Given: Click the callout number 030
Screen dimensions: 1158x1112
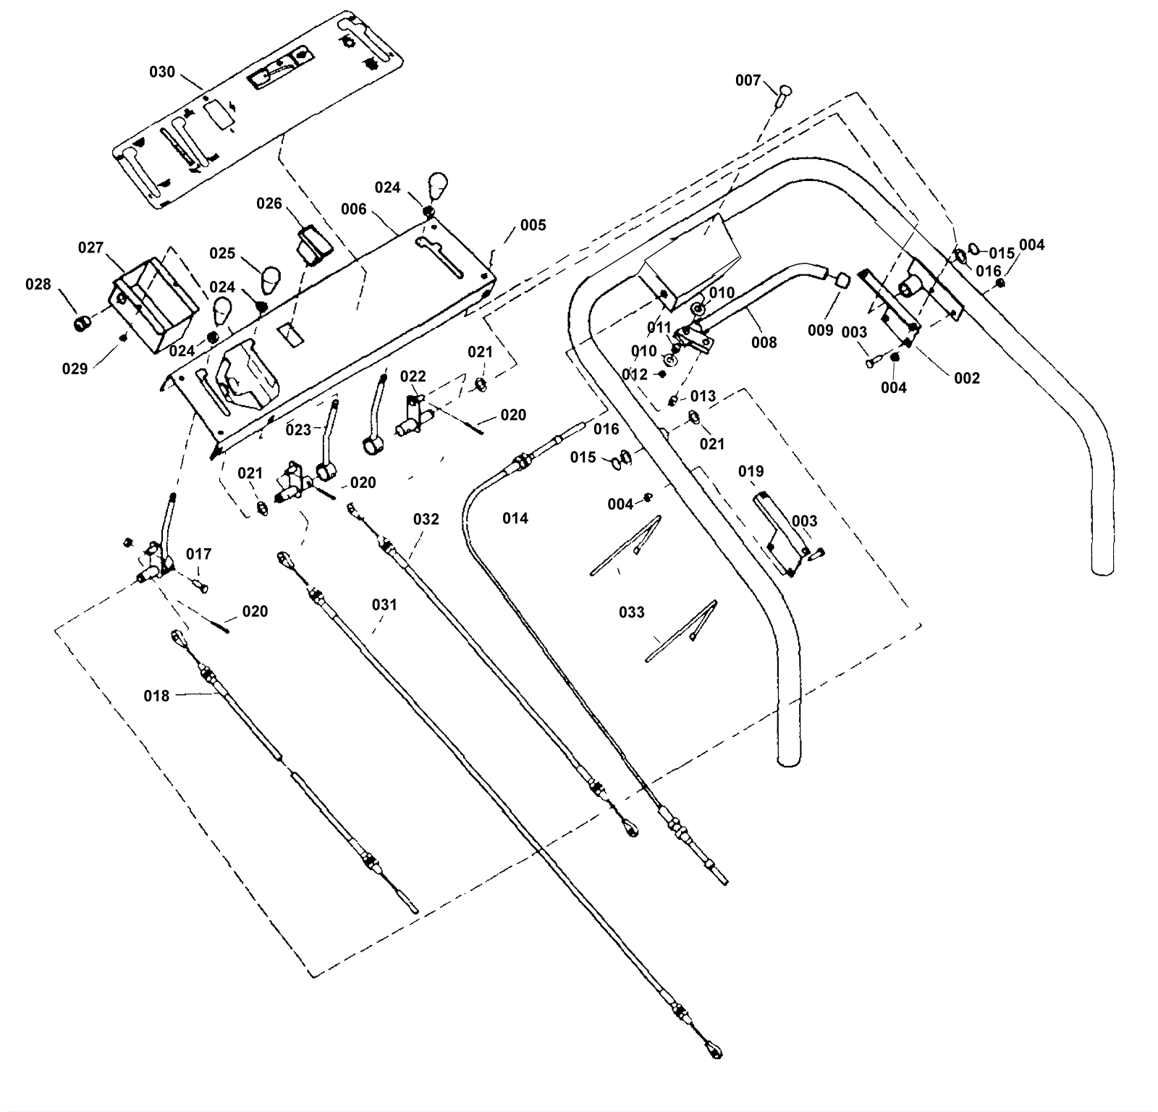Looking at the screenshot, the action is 162,72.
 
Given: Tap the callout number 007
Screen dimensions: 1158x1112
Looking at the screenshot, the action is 748,80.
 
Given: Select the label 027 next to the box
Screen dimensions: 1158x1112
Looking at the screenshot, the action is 90,248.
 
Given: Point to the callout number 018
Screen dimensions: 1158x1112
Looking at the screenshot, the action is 156,696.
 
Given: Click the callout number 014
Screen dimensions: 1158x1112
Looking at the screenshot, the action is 515,518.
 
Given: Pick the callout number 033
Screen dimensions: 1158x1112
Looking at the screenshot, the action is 631,612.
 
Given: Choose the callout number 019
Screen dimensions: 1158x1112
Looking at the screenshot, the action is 751,472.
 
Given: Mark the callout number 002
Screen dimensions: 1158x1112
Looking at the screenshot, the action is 967,378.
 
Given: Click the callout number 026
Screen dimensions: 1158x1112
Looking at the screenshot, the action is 269,203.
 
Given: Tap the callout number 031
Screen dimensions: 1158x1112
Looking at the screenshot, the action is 384,605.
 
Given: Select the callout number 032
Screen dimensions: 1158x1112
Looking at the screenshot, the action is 426,519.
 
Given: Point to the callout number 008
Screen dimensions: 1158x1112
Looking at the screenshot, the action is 764,342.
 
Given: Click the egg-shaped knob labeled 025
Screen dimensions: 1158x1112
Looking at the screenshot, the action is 270,278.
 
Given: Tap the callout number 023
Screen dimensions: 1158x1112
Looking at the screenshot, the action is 298,430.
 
